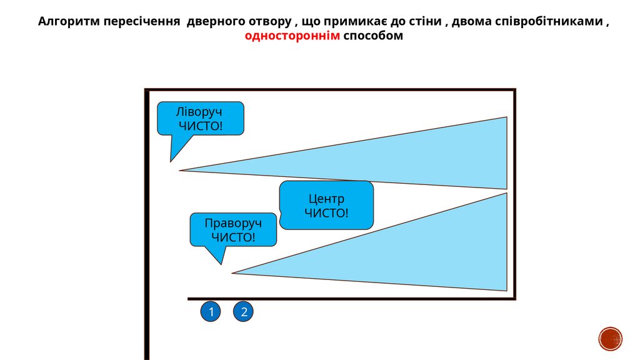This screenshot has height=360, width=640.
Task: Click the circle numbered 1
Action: [x=211, y=312]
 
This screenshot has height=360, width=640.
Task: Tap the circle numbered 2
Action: [x=244, y=312]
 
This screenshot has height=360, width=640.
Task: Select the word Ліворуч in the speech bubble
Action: [x=199, y=112]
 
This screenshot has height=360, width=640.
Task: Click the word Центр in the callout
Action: [x=326, y=199]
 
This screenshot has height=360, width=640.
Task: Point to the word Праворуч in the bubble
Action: [x=233, y=223]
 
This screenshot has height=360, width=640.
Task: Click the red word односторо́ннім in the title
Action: [x=292, y=36]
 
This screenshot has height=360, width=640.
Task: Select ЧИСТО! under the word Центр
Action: [x=326, y=213]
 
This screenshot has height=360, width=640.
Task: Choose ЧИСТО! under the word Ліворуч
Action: [x=201, y=126]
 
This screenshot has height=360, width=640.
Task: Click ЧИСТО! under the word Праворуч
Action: [x=233, y=237]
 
